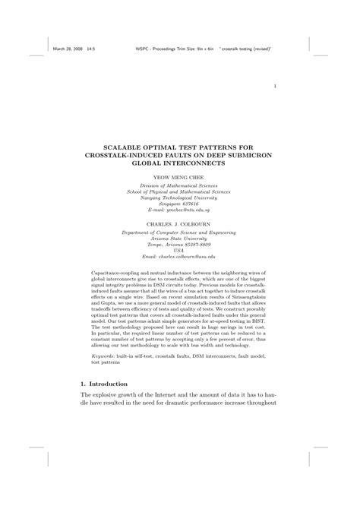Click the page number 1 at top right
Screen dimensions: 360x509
coord(273,86)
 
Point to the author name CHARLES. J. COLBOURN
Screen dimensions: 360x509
coord(179,224)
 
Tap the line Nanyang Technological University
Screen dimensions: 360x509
coord(179,196)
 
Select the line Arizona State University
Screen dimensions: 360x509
coord(179,239)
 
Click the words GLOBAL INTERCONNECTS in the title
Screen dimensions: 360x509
coord(179,163)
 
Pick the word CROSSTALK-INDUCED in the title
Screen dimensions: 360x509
coord(123,155)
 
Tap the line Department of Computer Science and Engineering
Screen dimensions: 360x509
coord(179,232)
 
